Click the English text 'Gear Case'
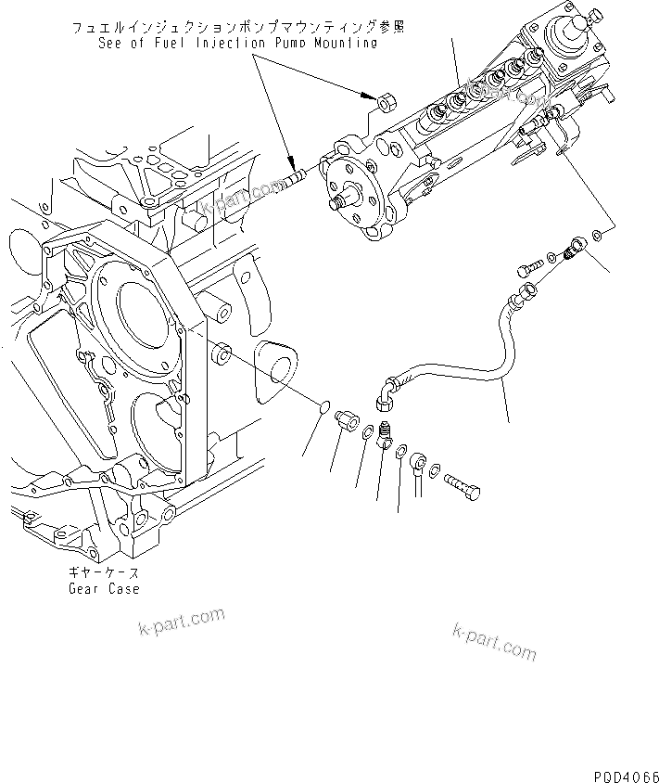point(103,589)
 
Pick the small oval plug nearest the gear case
point(323,408)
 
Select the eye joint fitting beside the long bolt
point(424,462)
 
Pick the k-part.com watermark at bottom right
point(494,640)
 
